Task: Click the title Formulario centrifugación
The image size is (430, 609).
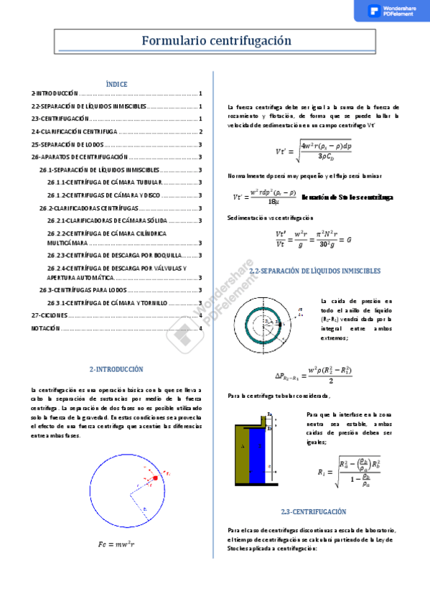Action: pos(215,41)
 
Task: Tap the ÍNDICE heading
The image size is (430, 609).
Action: pos(116,84)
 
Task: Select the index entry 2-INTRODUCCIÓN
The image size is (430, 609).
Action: pos(55,94)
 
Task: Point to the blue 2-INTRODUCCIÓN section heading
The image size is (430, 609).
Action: pos(116,369)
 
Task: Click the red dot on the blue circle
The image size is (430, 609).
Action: pos(155,478)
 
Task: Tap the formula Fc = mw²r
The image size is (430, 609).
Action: pos(116,544)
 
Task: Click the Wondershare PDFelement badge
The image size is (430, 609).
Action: pos(391,11)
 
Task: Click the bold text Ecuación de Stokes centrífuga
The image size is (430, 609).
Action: pos(347,197)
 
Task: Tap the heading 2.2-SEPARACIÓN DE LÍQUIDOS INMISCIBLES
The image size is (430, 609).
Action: pos(314,271)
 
